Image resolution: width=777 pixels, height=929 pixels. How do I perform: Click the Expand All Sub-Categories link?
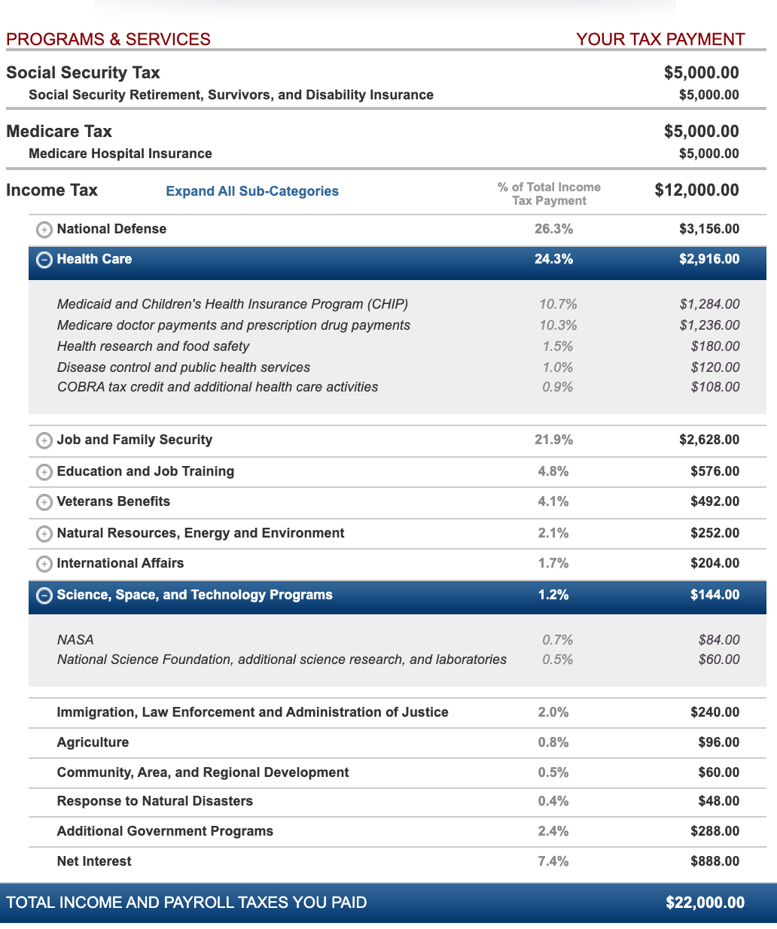[x=252, y=191]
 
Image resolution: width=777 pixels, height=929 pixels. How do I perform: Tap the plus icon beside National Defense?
[x=44, y=230]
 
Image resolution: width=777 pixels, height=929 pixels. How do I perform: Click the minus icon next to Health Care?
[x=44, y=260]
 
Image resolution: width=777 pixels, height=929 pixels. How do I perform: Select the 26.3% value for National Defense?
[x=553, y=229]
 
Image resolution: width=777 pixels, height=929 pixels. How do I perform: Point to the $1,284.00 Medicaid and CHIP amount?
[x=709, y=304]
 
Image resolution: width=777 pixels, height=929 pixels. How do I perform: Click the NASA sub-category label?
[x=75, y=640]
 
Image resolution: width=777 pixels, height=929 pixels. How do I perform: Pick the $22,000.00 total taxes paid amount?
[x=705, y=903]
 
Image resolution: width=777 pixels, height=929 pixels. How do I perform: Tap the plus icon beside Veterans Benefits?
[x=44, y=502]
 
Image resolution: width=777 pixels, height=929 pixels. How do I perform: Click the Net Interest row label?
[x=94, y=861]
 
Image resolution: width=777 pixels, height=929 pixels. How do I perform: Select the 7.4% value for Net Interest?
[x=553, y=861]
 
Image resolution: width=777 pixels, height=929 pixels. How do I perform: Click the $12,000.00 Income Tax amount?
[x=696, y=190]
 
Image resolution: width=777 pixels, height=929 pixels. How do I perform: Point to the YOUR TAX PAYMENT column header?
[x=660, y=39]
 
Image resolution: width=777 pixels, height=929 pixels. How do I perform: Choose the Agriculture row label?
[x=93, y=742]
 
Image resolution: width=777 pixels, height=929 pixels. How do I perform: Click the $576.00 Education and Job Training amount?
[x=715, y=471]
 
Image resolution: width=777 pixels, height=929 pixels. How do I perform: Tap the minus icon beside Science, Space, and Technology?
[x=44, y=595]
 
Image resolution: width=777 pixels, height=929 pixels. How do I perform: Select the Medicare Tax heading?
[x=59, y=132]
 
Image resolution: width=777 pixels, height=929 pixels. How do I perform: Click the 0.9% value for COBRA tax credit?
[x=558, y=387]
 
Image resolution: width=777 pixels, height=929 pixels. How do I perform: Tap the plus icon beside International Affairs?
[x=44, y=564]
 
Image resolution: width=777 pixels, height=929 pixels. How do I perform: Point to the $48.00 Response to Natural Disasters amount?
[x=718, y=801]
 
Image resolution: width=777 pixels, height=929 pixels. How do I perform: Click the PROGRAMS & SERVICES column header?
[x=108, y=39]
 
